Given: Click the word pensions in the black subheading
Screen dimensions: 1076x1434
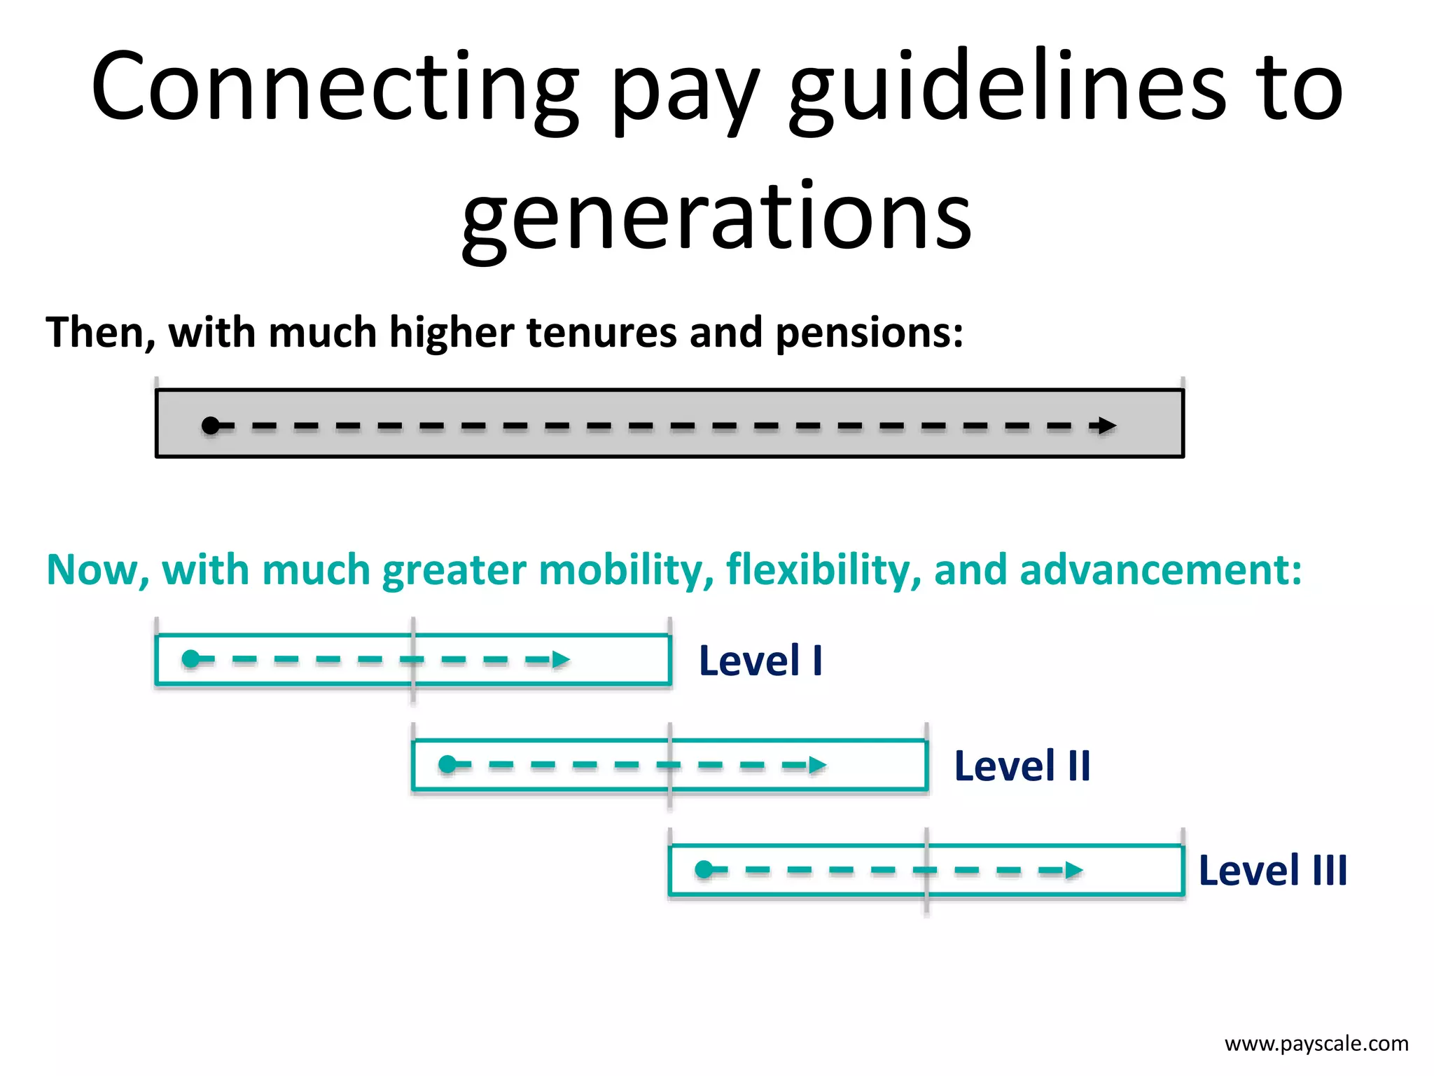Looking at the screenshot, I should coord(868,332).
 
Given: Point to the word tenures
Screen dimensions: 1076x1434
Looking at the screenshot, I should coord(601,332).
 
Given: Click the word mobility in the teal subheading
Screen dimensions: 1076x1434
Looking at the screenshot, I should coord(627,570).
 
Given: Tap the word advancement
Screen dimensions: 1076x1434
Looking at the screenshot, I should coord(1160,570).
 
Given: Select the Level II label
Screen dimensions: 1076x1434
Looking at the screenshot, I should coord(1022,766).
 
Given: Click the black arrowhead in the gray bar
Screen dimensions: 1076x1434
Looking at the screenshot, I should coord(1106,425).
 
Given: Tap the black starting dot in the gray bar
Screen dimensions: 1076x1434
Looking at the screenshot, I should coord(210,425).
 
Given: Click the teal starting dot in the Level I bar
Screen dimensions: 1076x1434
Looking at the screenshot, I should coord(190,659).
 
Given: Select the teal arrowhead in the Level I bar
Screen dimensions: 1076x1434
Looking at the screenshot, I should coord(561,659).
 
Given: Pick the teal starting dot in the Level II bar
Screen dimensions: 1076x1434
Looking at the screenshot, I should coord(447,764).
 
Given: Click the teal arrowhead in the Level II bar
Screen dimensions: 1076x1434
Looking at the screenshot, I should coord(817,764).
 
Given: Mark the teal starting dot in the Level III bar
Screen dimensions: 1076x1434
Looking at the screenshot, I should coord(704,870).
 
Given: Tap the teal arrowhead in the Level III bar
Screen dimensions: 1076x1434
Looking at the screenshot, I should coord(1073,870).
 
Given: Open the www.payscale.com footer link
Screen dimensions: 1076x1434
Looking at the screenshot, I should coord(1316,1044).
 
